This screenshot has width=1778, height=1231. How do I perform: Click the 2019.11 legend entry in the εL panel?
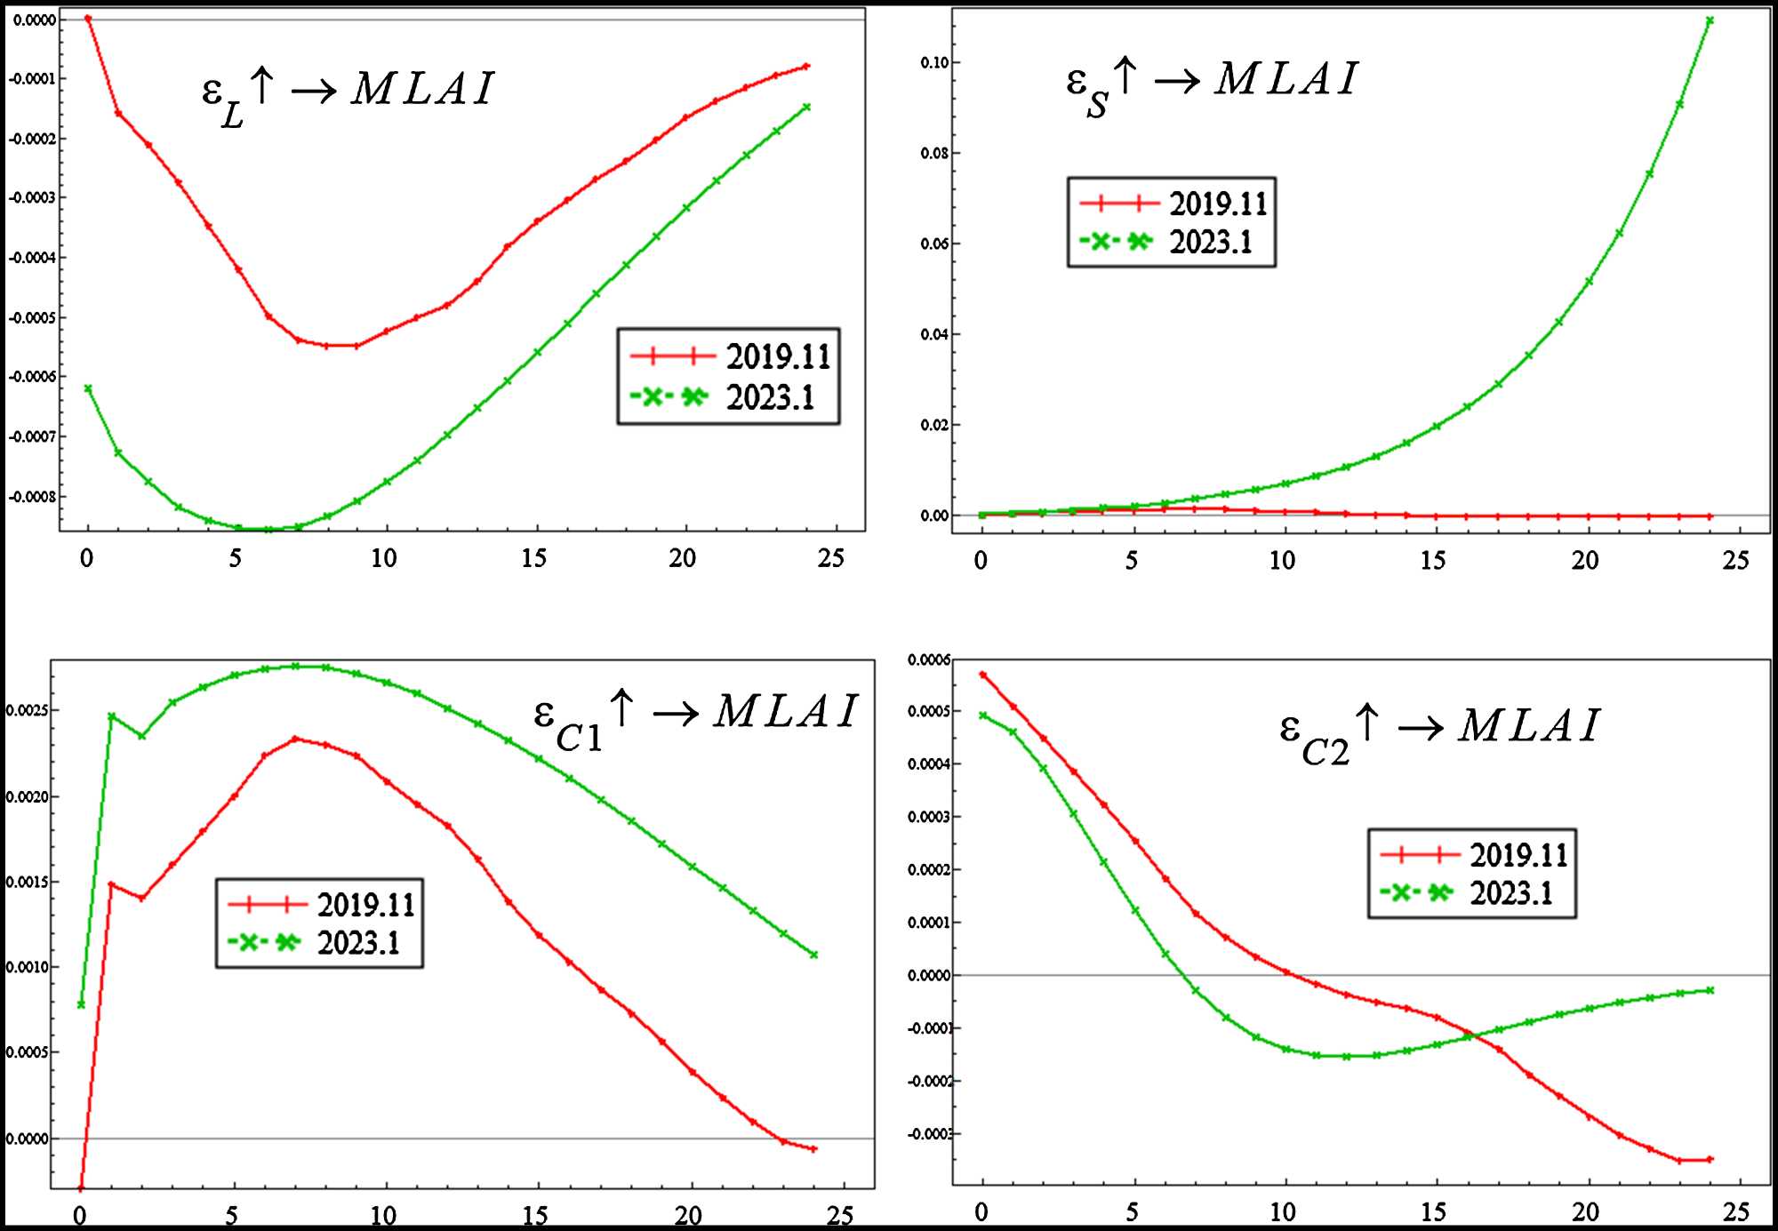coord(731,357)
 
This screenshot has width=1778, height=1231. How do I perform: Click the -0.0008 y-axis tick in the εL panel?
coord(32,497)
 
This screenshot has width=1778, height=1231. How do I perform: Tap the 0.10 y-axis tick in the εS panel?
coord(934,62)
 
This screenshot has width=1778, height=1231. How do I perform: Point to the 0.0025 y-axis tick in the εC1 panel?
coord(28,710)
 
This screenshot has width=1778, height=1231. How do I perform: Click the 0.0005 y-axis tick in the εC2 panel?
coord(928,711)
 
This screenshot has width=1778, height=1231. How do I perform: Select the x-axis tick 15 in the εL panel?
coord(533,558)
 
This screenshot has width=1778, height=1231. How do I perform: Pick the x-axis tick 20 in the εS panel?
coord(1585,561)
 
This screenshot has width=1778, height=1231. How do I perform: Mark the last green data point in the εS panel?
coord(1710,20)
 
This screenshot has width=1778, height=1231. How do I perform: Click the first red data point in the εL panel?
coord(87,19)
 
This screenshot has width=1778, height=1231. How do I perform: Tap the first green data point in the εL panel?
coord(87,388)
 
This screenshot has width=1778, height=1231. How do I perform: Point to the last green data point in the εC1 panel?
coord(813,955)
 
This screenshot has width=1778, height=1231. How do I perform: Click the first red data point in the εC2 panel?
coord(982,675)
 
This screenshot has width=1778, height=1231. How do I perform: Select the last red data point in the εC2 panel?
coord(1710,1159)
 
